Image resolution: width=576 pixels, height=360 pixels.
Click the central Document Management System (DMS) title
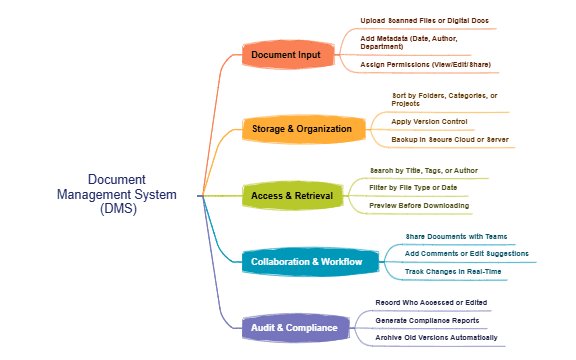[x=117, y=194]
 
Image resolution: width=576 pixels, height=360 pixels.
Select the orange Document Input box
[x=287, y=54]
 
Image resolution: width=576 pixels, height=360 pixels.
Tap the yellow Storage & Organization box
[x=301, y=129]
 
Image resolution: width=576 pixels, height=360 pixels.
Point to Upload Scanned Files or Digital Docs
[x=424, y=20]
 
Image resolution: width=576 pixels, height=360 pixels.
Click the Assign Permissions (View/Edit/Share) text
[x=425, y=64]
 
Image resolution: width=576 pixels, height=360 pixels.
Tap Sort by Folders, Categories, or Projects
[x=444, y=99]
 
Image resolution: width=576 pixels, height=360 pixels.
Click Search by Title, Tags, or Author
[x=423, y=170]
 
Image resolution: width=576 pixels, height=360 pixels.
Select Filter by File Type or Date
[x=413, y=187]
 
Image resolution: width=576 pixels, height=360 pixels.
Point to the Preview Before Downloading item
[x=419, y=205]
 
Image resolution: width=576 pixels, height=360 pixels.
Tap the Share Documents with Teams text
[x=456, y=236]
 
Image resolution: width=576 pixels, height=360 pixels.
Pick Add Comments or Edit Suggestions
[x=466, y=254]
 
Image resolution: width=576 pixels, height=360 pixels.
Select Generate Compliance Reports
[x=426, y=320]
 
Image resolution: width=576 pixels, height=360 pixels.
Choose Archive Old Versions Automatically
[x=435, y=337]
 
